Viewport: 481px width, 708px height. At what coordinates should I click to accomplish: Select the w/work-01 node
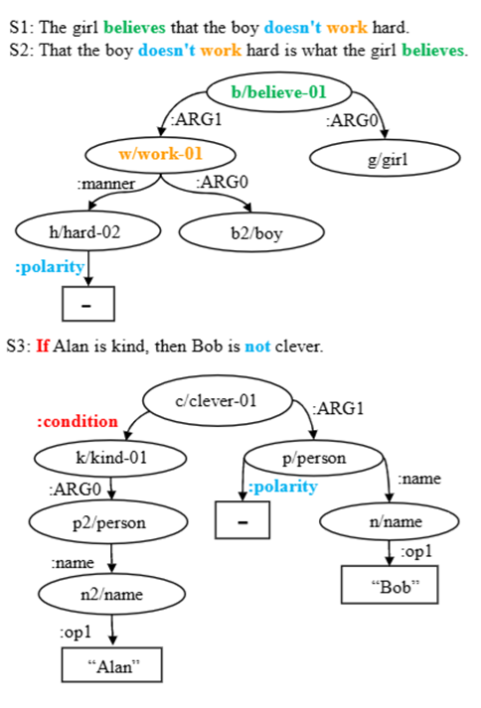(160, 154)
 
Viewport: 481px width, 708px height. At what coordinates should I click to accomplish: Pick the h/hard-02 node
(89, 231)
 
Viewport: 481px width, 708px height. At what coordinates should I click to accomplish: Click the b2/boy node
(251, 232)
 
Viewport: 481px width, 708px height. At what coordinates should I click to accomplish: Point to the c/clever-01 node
(216, 402)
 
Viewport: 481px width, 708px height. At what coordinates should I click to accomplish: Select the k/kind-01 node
(110, 459)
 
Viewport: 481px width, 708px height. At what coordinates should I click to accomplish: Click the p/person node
(314, 459)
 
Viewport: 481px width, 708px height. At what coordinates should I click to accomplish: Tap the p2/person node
(110, 522)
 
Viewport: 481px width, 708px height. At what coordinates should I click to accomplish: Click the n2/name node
(110, 595)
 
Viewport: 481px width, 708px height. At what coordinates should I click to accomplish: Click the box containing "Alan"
(112, 665)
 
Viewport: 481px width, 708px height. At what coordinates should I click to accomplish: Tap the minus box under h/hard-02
(88, 304)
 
